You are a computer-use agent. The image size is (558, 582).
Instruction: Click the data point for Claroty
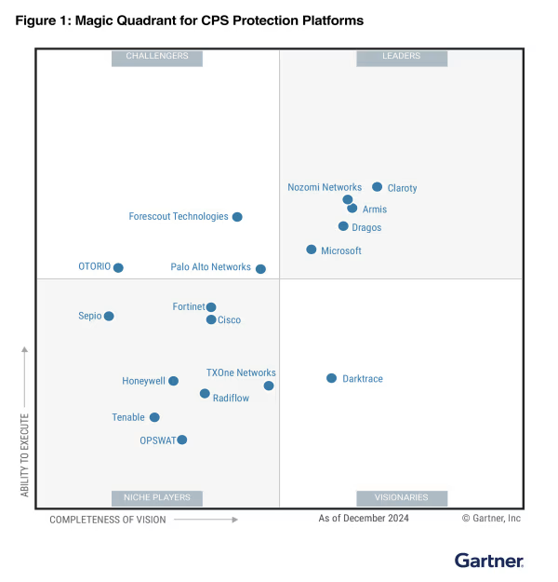click(377, 187)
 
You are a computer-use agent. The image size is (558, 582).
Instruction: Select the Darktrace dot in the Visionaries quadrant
click(331, 378)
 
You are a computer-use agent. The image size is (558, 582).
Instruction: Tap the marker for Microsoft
click(312, 250)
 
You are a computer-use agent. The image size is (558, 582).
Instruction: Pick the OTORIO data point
click(118, 268)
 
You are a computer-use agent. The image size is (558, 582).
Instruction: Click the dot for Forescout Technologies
click(237, 217)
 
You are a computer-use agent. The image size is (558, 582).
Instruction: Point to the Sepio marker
click(109, 317)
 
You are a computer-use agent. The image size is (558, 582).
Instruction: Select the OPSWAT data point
click(182, 440)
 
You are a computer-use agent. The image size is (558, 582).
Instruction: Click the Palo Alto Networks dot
click(260, 269)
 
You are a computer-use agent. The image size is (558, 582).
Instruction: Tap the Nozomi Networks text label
click(325, 188)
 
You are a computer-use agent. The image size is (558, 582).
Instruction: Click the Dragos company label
click(366, 228)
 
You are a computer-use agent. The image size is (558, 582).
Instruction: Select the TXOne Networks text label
click(241, 373)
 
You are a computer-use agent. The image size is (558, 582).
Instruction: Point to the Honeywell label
click(143, 381)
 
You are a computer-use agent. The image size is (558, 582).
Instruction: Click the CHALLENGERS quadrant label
click(157, 57)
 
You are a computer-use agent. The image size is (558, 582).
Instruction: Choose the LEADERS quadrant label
click(401, 57)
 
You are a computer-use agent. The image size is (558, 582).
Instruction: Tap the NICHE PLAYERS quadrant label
click(157, 498)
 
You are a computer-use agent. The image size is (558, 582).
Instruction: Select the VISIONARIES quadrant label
click(401, 498)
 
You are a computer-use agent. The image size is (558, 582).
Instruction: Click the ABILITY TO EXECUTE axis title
click(25, 454)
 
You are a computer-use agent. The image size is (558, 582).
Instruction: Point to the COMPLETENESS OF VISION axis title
click(108, 520)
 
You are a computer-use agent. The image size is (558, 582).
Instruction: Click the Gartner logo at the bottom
click(489, 561)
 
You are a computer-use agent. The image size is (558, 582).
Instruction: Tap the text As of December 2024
click(364, 519)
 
